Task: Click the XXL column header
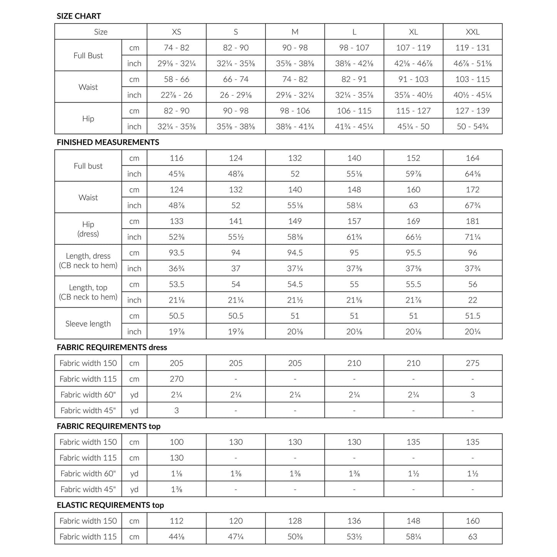[x=473, y=32]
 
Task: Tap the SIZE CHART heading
[x=79, y=16]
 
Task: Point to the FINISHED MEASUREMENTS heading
[x=108, y=142]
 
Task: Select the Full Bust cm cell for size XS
[x=177, y=48]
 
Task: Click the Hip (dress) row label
[x=88, y=229]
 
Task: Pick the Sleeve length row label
[x=88, y=324]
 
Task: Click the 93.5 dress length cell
[x=177, y=253]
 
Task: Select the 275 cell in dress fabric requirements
[x=473, y=363]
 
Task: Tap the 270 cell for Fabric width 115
[x=177, y=379]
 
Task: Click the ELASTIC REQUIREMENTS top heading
[x=110, y=505]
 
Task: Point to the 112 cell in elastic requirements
[x=177, y=521]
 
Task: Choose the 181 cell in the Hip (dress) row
[x=473, y=221]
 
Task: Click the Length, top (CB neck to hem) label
[x=88, y=292]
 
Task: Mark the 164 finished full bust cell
[x=473, y=158]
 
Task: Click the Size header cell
[x=101, y=32]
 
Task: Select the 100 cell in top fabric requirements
[x=177, y=442]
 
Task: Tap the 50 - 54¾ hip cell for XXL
[x=473, y=126]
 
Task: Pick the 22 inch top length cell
[x=473, y=300]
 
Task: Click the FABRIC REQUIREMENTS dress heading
[x=112, y=347]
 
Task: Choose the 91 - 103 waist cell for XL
[x=413, y=79]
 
